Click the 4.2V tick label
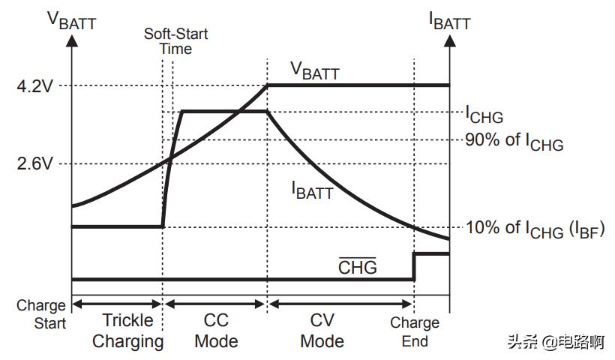pos(34,85)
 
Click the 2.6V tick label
pos(34,163)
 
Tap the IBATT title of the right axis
pos(450,19)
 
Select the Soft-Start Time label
pos(176,41)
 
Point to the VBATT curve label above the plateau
pos(315,70)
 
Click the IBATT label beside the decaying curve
pos(312,190)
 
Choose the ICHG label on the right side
pos(484,115)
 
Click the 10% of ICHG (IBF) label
pos(535,229)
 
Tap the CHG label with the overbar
pos(357,266)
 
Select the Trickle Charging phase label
pos(127,331)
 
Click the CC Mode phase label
pos(216,331)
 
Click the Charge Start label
pos(41,315)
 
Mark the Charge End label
pos(415,331)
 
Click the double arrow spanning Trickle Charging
pos(117,304)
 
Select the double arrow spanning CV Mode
pos(340,304)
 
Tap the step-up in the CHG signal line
pos(414,266)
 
